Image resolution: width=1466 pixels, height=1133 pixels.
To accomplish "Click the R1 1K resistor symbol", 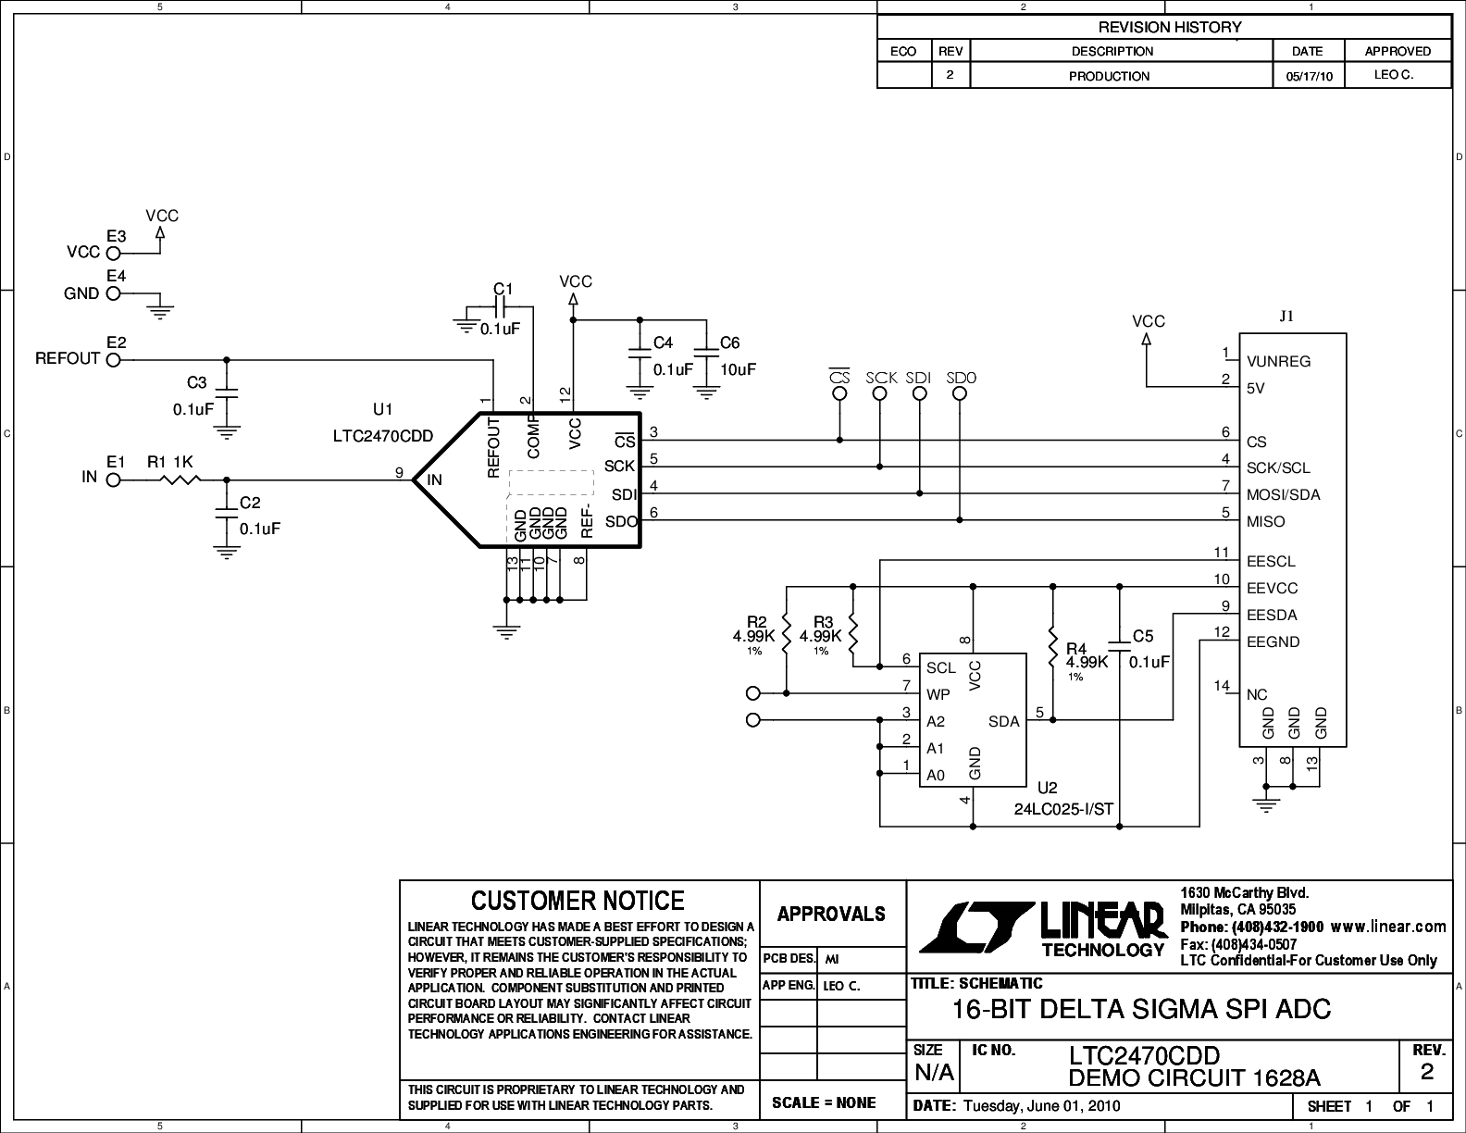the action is pyautogui.click(x=180, y=479).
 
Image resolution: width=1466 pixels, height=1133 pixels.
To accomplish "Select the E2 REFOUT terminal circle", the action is pyautogui.click(x=113, y=360).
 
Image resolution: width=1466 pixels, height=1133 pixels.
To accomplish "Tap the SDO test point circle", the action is pyautogui.click(x=960, y=393).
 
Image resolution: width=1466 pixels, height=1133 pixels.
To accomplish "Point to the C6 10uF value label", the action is pyautogui.click(x=738, y=369).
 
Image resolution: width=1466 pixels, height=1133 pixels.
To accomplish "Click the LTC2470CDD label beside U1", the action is pyautogui.click(x=382, y=436).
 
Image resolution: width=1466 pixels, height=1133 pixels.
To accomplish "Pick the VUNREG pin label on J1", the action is pyautogui.click(x=1278, y=361).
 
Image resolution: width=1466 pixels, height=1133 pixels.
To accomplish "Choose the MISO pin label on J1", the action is pyautogui.click(x=1266, y=521).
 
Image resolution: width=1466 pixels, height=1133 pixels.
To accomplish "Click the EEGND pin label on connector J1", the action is pyautogui.click(x=1273, y=641).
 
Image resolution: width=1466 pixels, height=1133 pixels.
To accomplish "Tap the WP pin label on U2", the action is pyautogui.click(x=938, y=694).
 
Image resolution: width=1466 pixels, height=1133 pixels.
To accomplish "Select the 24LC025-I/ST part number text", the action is pyautogui.click(x=1063, y=809).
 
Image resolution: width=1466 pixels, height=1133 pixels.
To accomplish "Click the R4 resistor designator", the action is pyautogui.click(x=1076, y=649).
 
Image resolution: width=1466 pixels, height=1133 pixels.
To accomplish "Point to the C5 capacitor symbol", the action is pyautogui.click(x=1119, y=646).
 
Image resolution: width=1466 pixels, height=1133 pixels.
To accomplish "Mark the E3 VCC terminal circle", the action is pyautogui.click(x=113, y=254).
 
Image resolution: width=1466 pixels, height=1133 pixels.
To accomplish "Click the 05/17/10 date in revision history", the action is pyautogui.click(x=1309, y=76).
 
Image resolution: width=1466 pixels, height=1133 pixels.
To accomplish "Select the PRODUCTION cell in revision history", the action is pyautogui.click(x=1109, y=76).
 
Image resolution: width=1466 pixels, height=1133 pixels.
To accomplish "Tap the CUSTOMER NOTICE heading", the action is pyautogui.click(x=578, y=901).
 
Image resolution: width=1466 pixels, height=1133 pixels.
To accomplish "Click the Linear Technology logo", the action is pyautogui.click(x=1043, y=929).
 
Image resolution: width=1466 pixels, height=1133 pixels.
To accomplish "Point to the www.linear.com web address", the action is pyautogui.click(x=1388, y=927).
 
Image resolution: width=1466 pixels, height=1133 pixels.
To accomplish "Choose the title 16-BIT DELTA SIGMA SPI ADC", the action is pyautogui.click(x=1141, y=1009).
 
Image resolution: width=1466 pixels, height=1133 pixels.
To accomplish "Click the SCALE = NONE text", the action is pyautogui.click(x=824, y=1102).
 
